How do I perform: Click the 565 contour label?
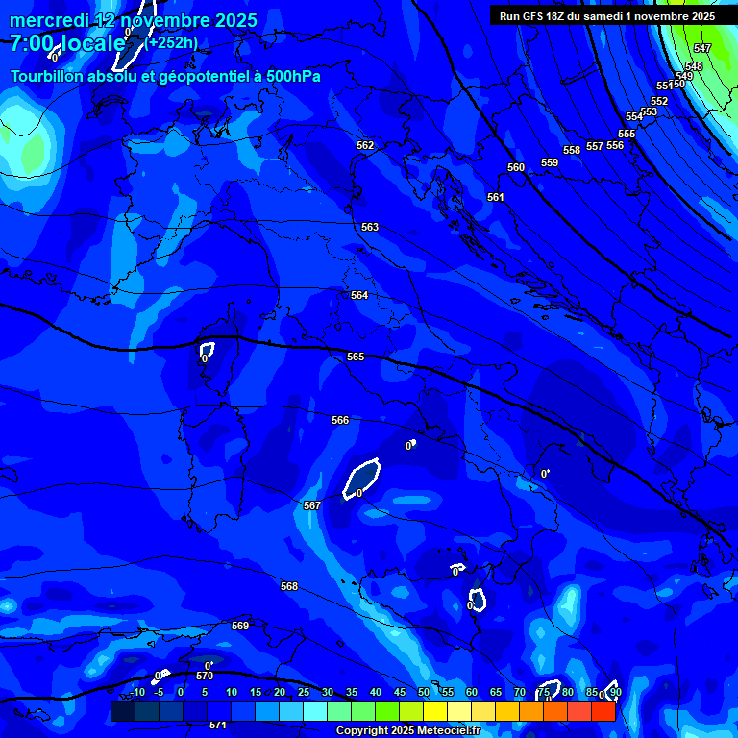point(356,357)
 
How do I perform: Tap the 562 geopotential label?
point(365,145)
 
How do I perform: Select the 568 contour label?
point(289,586)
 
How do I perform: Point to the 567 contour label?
point(311,505)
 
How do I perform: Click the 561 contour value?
point(496,197)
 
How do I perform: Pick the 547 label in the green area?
point(702,48)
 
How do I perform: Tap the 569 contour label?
point(240,626)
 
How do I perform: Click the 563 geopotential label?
point(370,227)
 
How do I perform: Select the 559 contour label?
point(550,162)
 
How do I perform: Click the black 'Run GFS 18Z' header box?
point(607,16)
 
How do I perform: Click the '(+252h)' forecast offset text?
point(173,42)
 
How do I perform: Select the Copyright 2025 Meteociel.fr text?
point(407,730)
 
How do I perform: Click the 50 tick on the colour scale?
point(424,692)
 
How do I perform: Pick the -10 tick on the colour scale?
point(137,692)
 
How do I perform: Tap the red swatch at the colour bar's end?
point(603,712)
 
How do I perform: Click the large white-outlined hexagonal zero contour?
point(362,478)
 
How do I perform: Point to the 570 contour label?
point(205,676)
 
